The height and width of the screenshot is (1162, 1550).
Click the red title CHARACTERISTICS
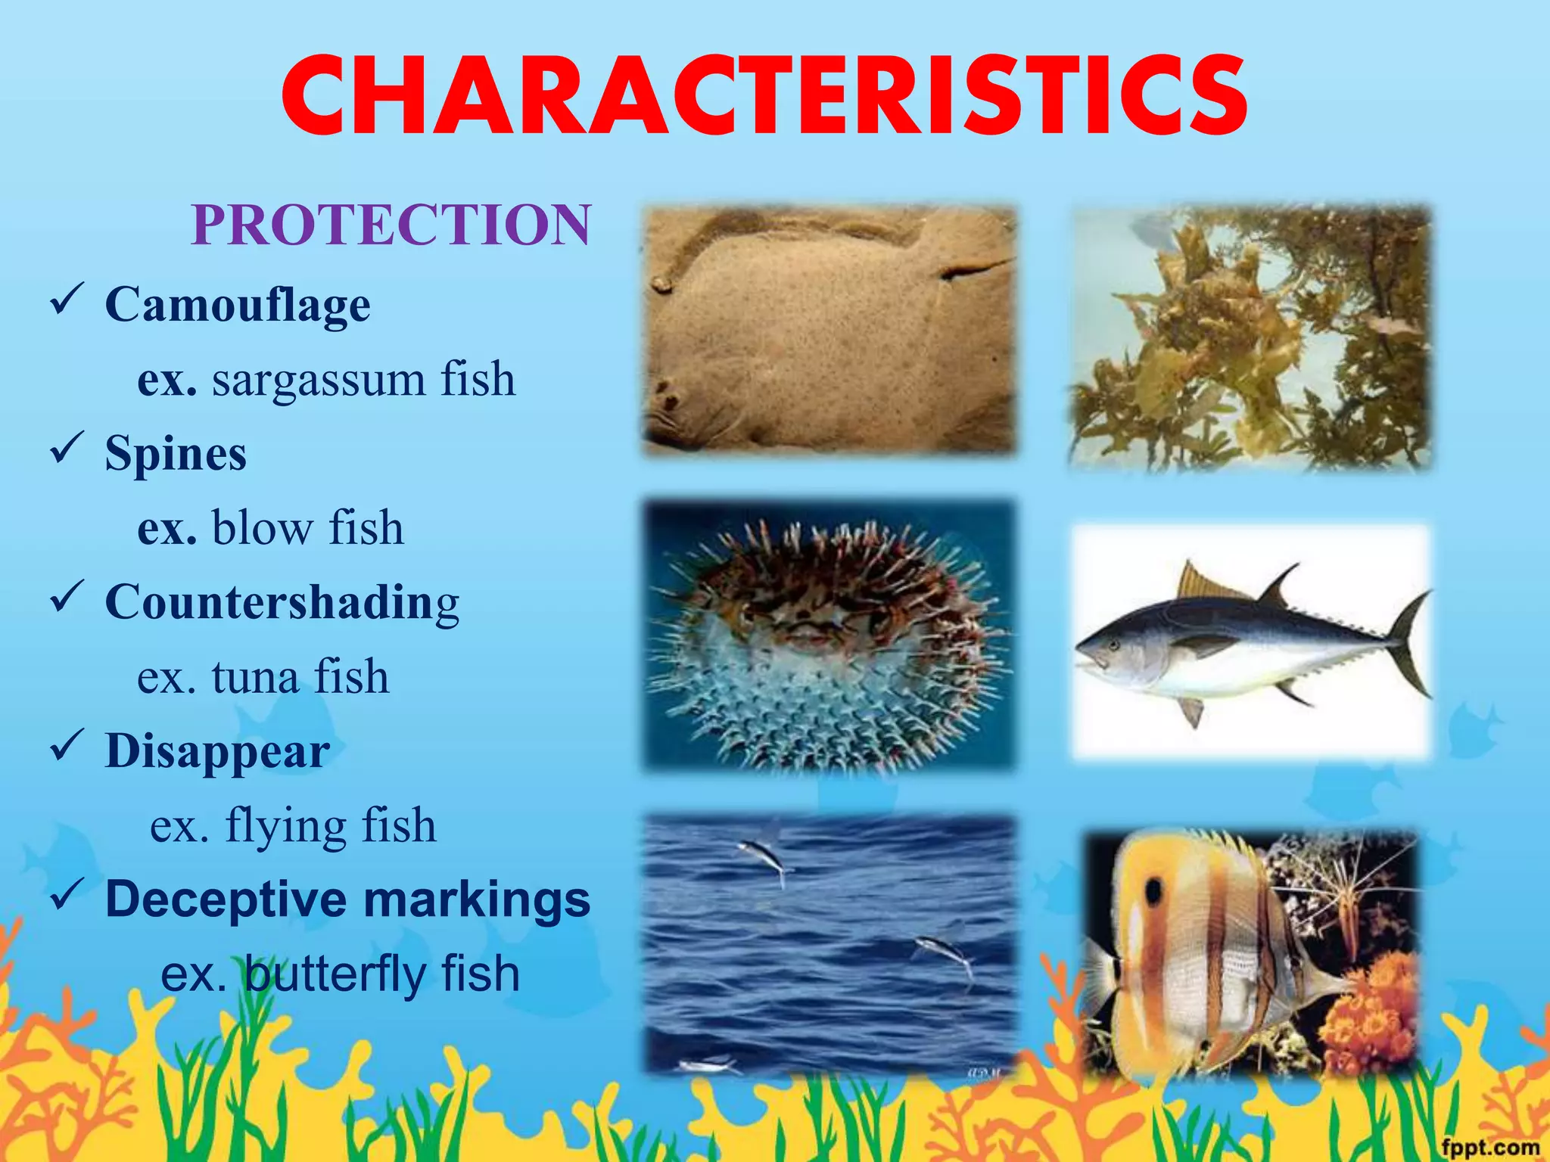[764, 97]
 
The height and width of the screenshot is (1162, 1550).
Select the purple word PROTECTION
[391, 225]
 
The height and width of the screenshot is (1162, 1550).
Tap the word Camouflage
[238, 305]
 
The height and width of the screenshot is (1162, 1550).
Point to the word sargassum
[318, 380]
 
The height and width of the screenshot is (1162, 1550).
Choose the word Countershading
[282, 603]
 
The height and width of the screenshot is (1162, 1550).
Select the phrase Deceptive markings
[347, 899]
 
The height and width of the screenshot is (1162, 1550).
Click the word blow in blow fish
[260, 527]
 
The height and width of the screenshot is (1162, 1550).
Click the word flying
[287, 825]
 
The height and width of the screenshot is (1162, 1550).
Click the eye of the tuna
[1113, 645]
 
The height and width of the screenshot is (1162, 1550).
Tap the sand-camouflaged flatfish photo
[829, 331]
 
